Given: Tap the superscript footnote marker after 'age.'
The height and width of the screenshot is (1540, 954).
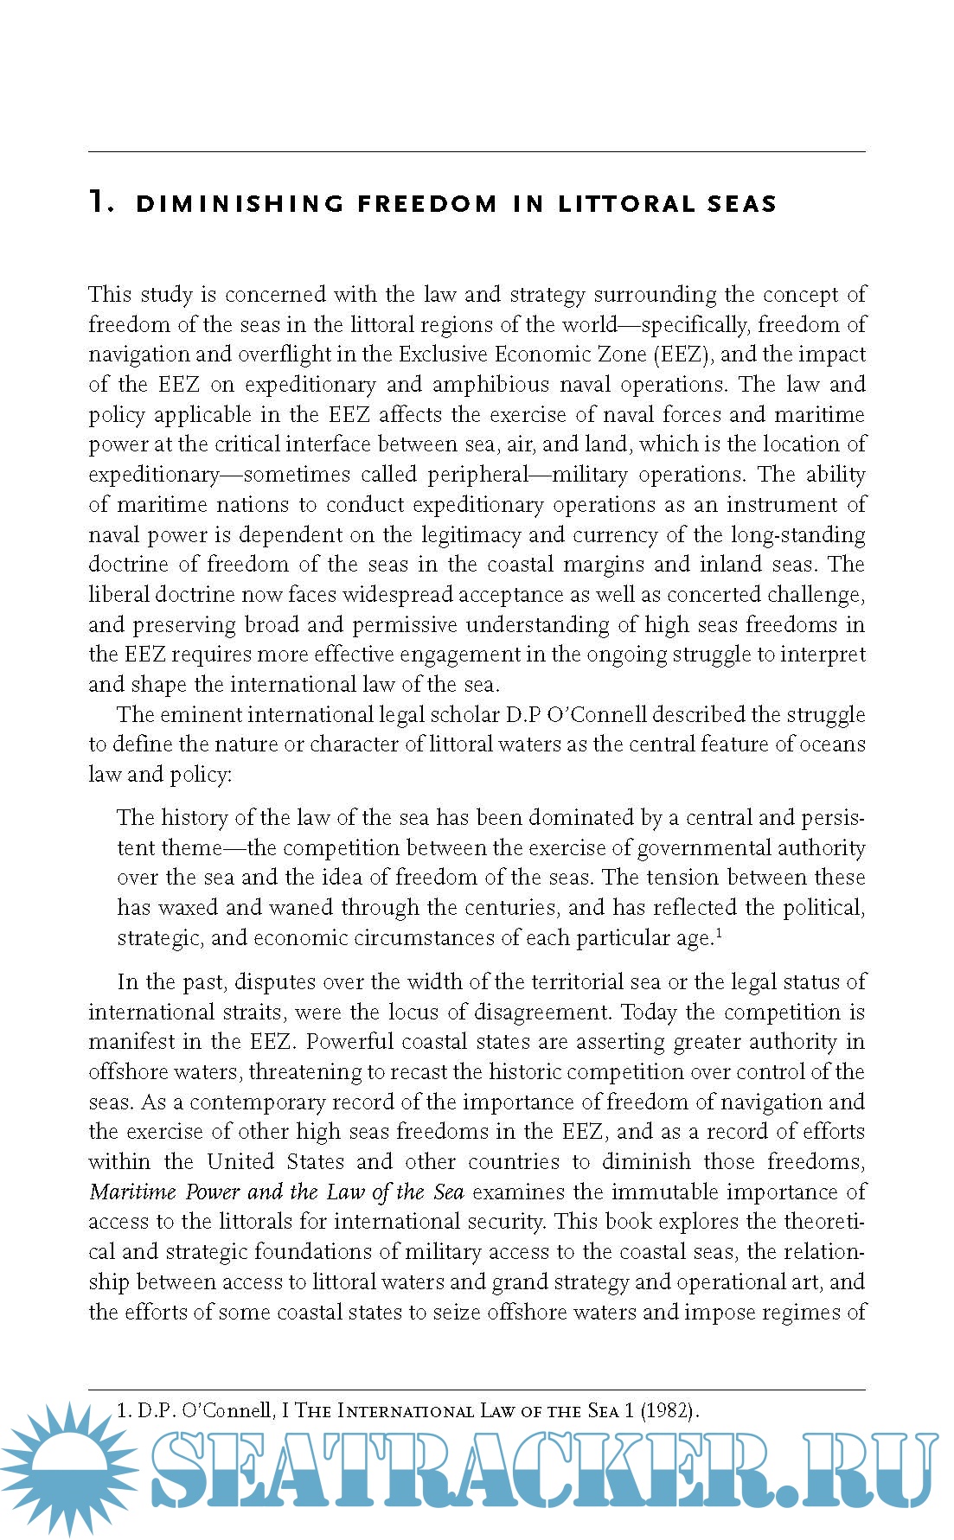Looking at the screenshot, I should tap(719, 932).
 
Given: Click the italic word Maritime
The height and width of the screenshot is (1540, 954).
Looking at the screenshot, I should tap(132, 1192).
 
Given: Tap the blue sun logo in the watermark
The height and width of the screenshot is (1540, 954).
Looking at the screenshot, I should tap(65, 1470).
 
